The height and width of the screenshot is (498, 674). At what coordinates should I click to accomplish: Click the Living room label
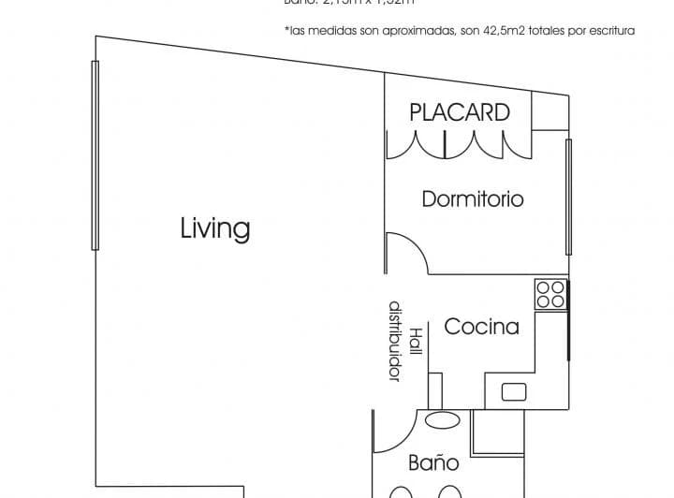[215, 228]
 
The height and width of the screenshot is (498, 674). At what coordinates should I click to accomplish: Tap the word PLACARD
[460, 112]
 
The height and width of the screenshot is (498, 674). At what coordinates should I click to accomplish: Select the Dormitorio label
[473, 199]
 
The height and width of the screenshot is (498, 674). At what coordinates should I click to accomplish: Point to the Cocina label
[481, 327]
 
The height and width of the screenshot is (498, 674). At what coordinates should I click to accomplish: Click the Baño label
[434, 462]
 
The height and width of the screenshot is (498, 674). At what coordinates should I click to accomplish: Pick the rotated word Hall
[416, 344]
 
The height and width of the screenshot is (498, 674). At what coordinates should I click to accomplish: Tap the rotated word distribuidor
[395, 341]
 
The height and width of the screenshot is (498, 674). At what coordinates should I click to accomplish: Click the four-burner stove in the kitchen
[550, 295]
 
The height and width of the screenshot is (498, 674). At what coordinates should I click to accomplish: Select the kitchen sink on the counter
[514, 391]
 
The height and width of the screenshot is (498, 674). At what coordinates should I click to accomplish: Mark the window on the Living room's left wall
[95, 154]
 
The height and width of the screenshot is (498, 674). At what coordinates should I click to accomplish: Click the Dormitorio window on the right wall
[568, 197]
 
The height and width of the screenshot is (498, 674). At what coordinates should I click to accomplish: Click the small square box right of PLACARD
[549, 112]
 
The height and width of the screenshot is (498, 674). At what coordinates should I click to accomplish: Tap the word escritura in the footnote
[608, 31]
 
